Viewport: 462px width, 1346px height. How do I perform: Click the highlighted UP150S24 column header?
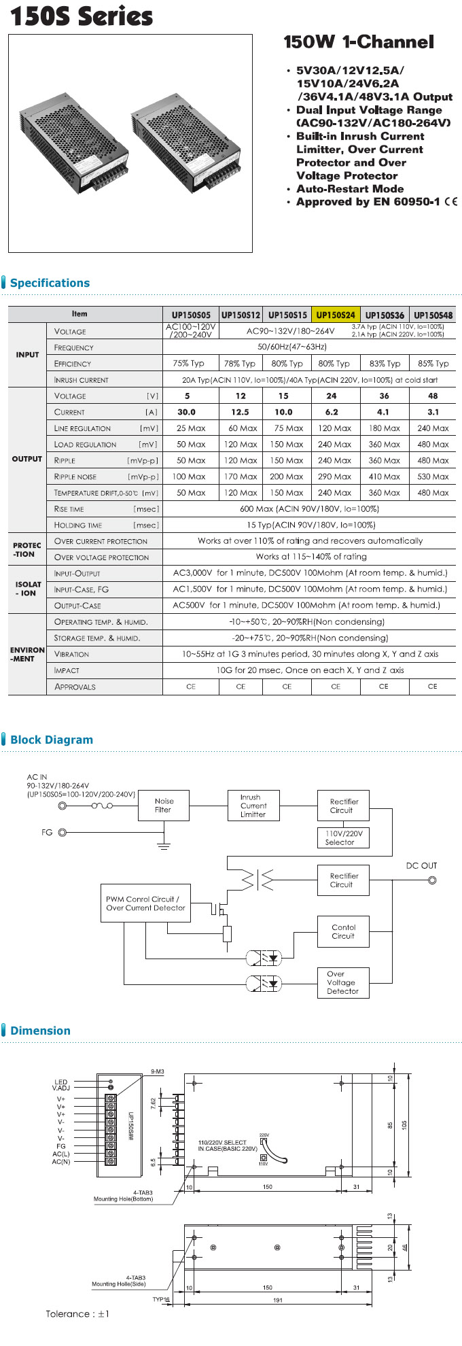tap(336, 315)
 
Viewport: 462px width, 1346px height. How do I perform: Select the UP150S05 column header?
tap(191, 315)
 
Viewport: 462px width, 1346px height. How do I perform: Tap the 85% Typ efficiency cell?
tap(433, 364)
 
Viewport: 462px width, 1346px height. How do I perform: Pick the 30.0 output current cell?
tap(186, 412)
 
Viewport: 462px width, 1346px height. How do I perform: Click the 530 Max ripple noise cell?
tap(433, 477)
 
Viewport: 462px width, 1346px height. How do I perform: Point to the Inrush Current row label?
tap(81, 380)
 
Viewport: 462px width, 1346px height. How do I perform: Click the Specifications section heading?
tap(50, 283)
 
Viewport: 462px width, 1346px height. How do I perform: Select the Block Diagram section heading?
tap(52, 740)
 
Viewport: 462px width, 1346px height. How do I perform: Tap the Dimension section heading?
tap(40, 1031)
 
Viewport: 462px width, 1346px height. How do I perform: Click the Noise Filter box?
tap(163, 806)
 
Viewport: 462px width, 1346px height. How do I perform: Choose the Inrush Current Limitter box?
tap(253, 806)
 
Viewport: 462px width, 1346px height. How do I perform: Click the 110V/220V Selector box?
tap(344, 838)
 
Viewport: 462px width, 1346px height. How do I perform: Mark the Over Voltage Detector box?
tap(343, 983)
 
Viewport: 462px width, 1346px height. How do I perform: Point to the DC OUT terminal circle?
tap(431, 880)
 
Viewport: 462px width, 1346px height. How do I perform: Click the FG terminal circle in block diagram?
tap(63, 832)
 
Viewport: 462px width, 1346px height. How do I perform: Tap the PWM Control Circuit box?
tap(145, 903)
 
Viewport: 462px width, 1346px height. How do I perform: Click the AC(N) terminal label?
tap(61, 1162)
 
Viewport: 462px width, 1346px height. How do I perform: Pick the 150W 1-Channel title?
tap(358, 42)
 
